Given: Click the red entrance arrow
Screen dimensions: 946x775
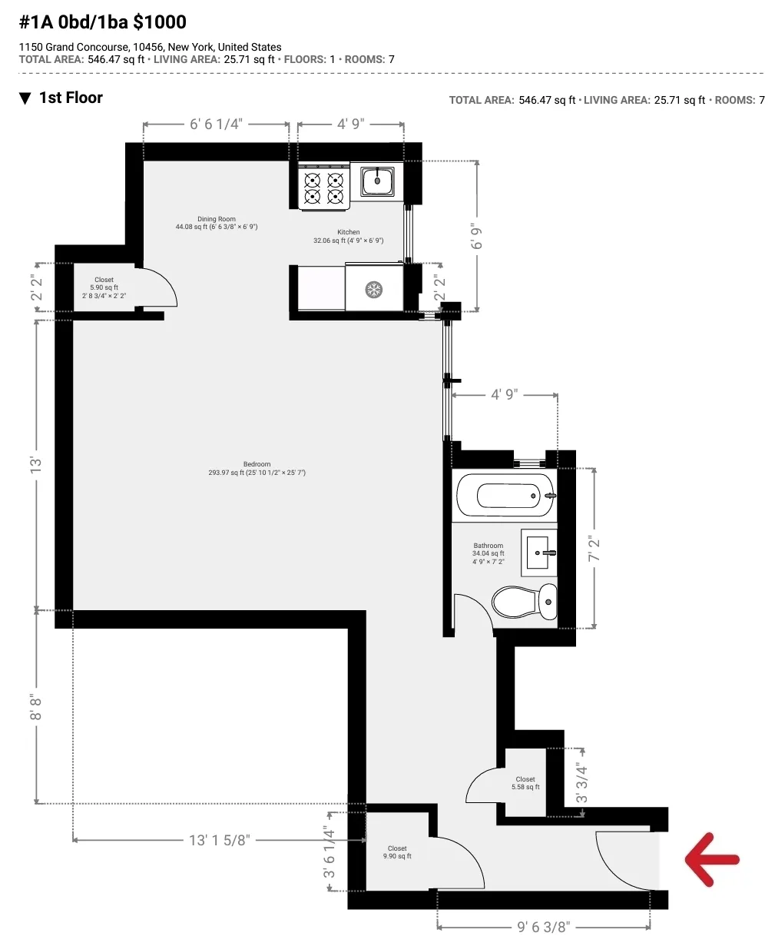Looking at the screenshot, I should click(x=712, y=859).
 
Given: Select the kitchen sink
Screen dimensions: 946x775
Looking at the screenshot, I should click(x=378, y=182).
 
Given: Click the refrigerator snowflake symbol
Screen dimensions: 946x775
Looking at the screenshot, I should click(x=374, y=290).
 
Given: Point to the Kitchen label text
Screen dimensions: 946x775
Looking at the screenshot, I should click(x=348, y=232).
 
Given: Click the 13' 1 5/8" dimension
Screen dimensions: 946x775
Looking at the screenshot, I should click(x=219, y=840).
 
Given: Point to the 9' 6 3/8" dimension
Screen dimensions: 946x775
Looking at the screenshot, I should click(x=544, y=927).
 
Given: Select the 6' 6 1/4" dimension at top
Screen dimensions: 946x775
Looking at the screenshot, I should click(x=216, y=124).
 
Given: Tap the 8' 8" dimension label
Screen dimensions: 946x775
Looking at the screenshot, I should click(x=35, y=707).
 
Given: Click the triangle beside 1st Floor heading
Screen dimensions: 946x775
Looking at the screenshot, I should click(x=25, y=98).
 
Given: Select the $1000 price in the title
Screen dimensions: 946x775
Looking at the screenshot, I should click(x=160, y=22).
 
